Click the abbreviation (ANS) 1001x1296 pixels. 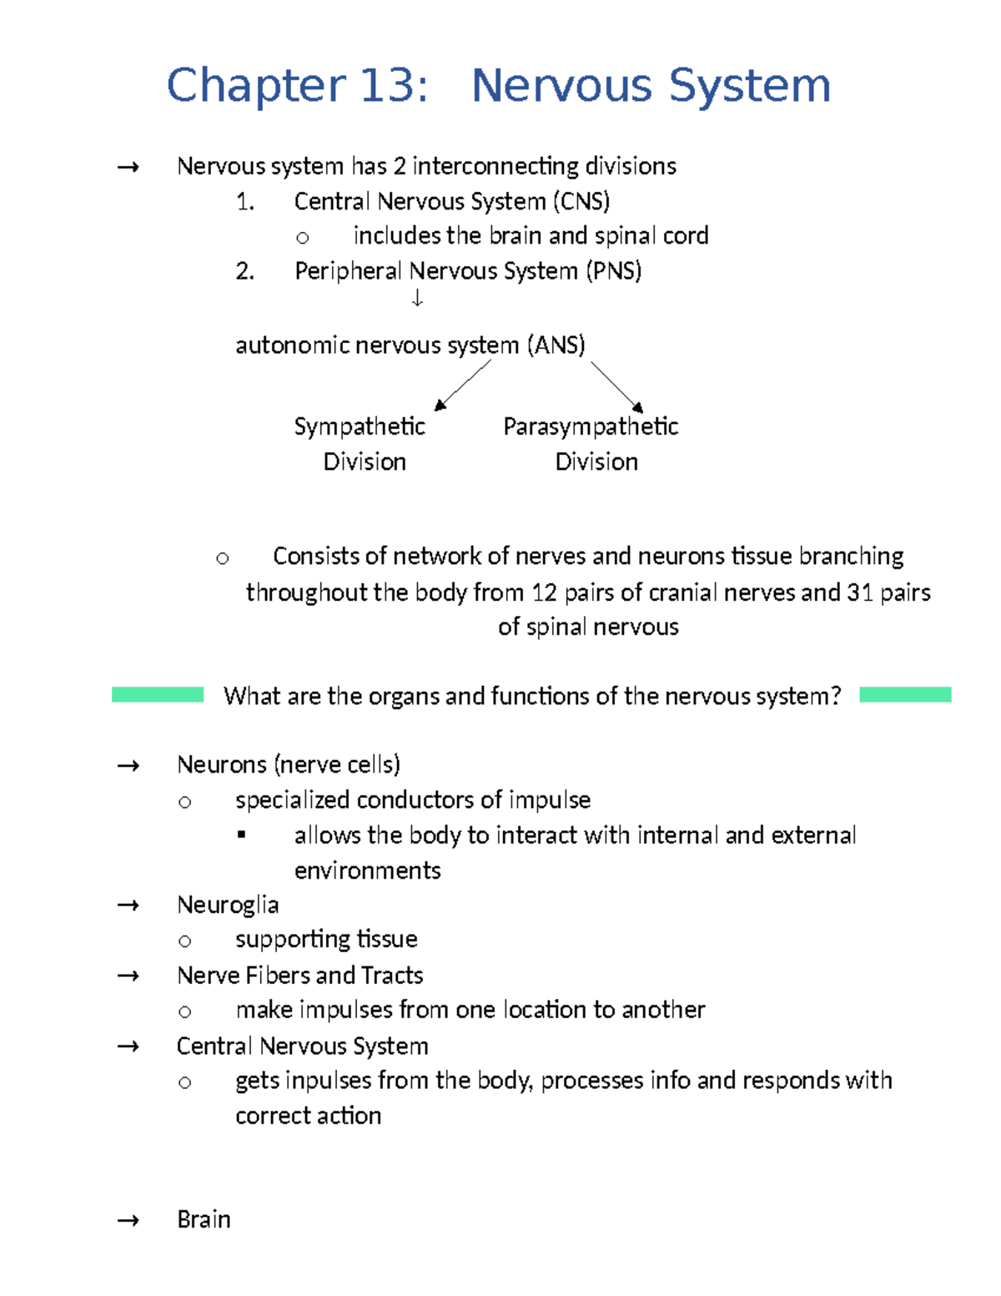coord(556,345)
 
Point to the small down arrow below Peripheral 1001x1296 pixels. coord(417,298)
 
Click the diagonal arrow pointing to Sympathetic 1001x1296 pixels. coord(463,385)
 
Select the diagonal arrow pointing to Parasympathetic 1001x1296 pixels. coord(617,386)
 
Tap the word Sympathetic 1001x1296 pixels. coord(360,427)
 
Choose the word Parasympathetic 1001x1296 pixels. coord(591,427)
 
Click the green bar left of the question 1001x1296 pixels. coord(158,694)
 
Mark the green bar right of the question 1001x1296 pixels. coord(905,694)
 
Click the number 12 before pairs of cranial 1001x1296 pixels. coord(544,593)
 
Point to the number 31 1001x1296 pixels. coord(860,593)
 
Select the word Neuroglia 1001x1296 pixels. coord(228,905)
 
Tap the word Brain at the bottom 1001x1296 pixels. coord(204,1220)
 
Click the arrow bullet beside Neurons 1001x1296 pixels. coord(128,765)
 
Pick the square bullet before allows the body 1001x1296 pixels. coord(242,835)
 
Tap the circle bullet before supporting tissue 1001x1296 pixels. coord(185,941)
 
